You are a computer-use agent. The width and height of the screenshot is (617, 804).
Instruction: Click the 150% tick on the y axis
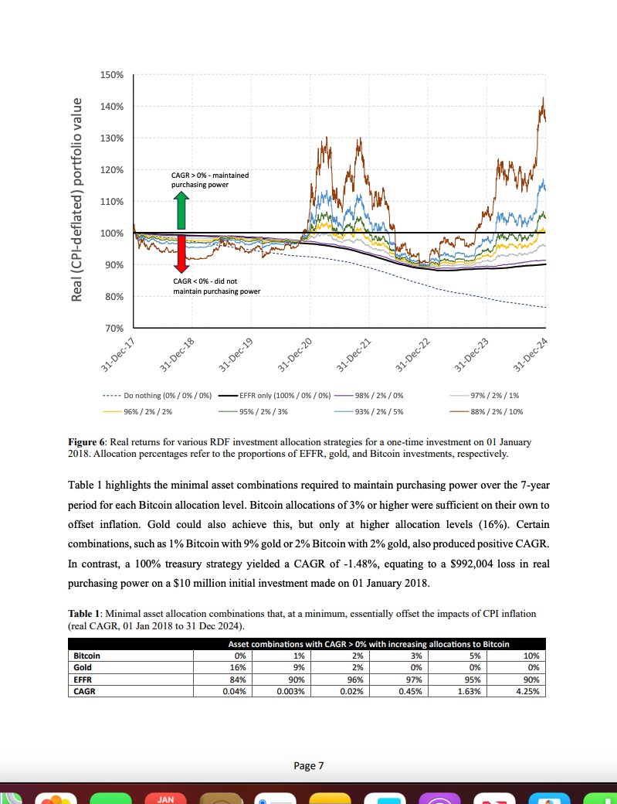(x=112, y=75)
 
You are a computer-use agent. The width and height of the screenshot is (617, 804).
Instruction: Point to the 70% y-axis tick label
(x=114, y=329)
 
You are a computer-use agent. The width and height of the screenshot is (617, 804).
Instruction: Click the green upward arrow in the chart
(x=181, y=210)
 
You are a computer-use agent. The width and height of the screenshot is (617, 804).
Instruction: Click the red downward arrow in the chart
(x=181, y=254)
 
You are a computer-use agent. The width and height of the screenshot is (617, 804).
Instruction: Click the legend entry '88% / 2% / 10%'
(x=497, y=412)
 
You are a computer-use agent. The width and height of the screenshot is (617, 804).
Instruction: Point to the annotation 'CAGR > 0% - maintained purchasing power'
(x=210, y=180)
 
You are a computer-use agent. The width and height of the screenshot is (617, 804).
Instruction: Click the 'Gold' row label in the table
(x=83, y=666)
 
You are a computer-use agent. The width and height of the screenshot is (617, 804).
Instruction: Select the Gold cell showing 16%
(x=239, y=666)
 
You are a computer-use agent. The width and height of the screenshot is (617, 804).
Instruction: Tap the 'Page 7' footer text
(x=308, y=766)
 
